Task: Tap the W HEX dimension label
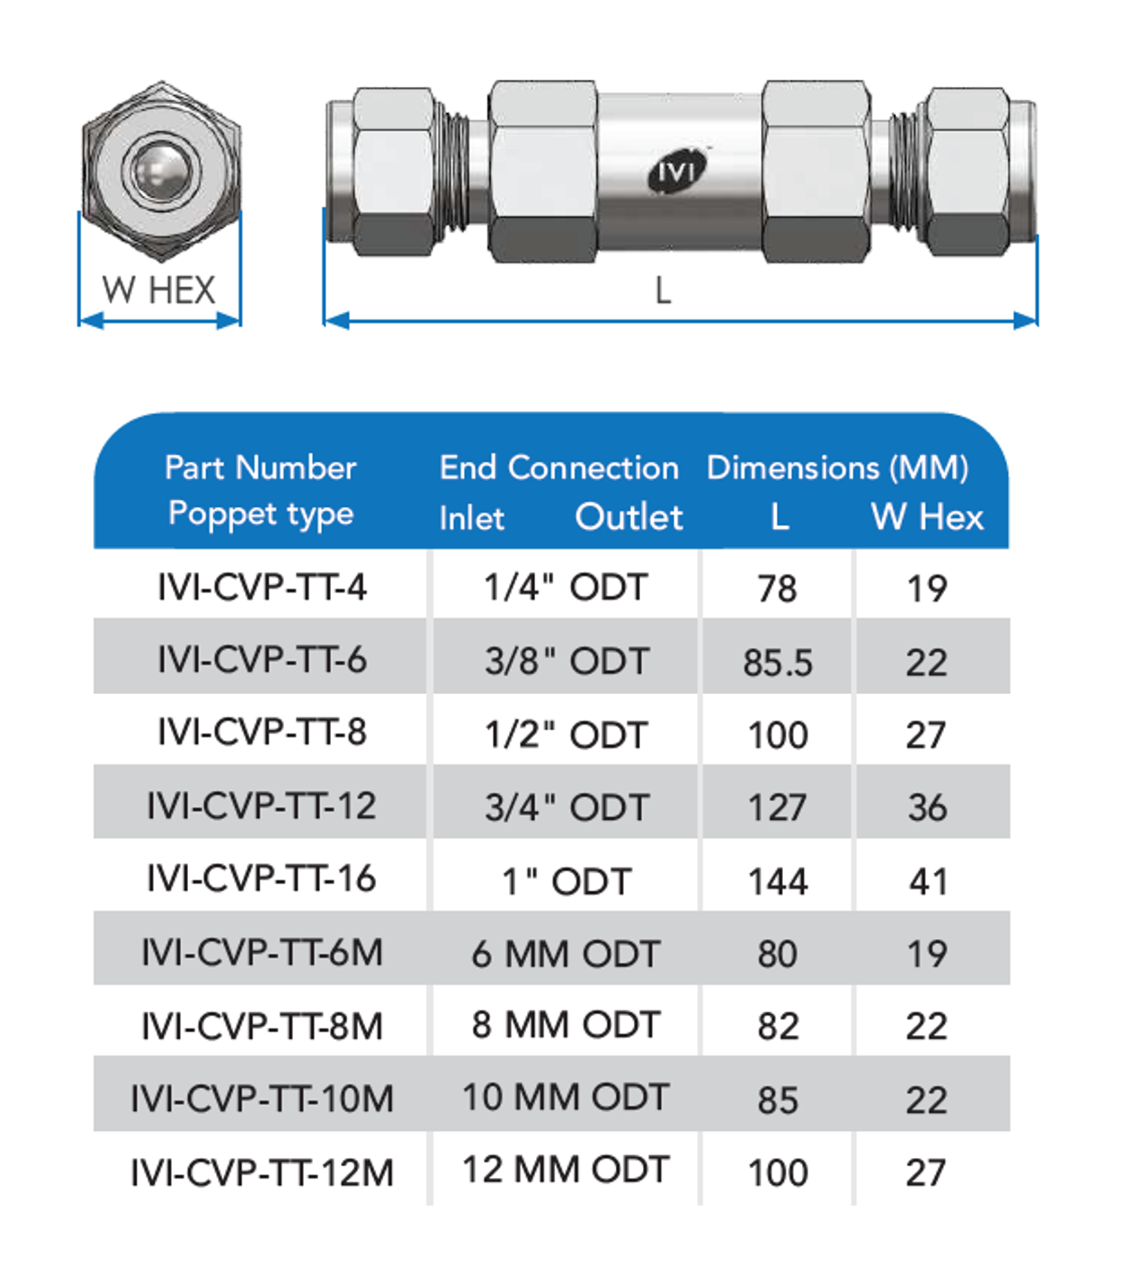tap(159, 290)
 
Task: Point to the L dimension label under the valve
tap(664, 291)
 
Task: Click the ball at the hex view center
tap(161, 170)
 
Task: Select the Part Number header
tap(260, 468)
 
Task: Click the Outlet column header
tap(629, 518)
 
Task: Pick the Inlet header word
tap(472, 518)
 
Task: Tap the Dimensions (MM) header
tap(837, 469)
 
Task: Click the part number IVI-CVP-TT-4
tap(262, 587)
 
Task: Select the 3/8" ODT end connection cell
tap(566, 661)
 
